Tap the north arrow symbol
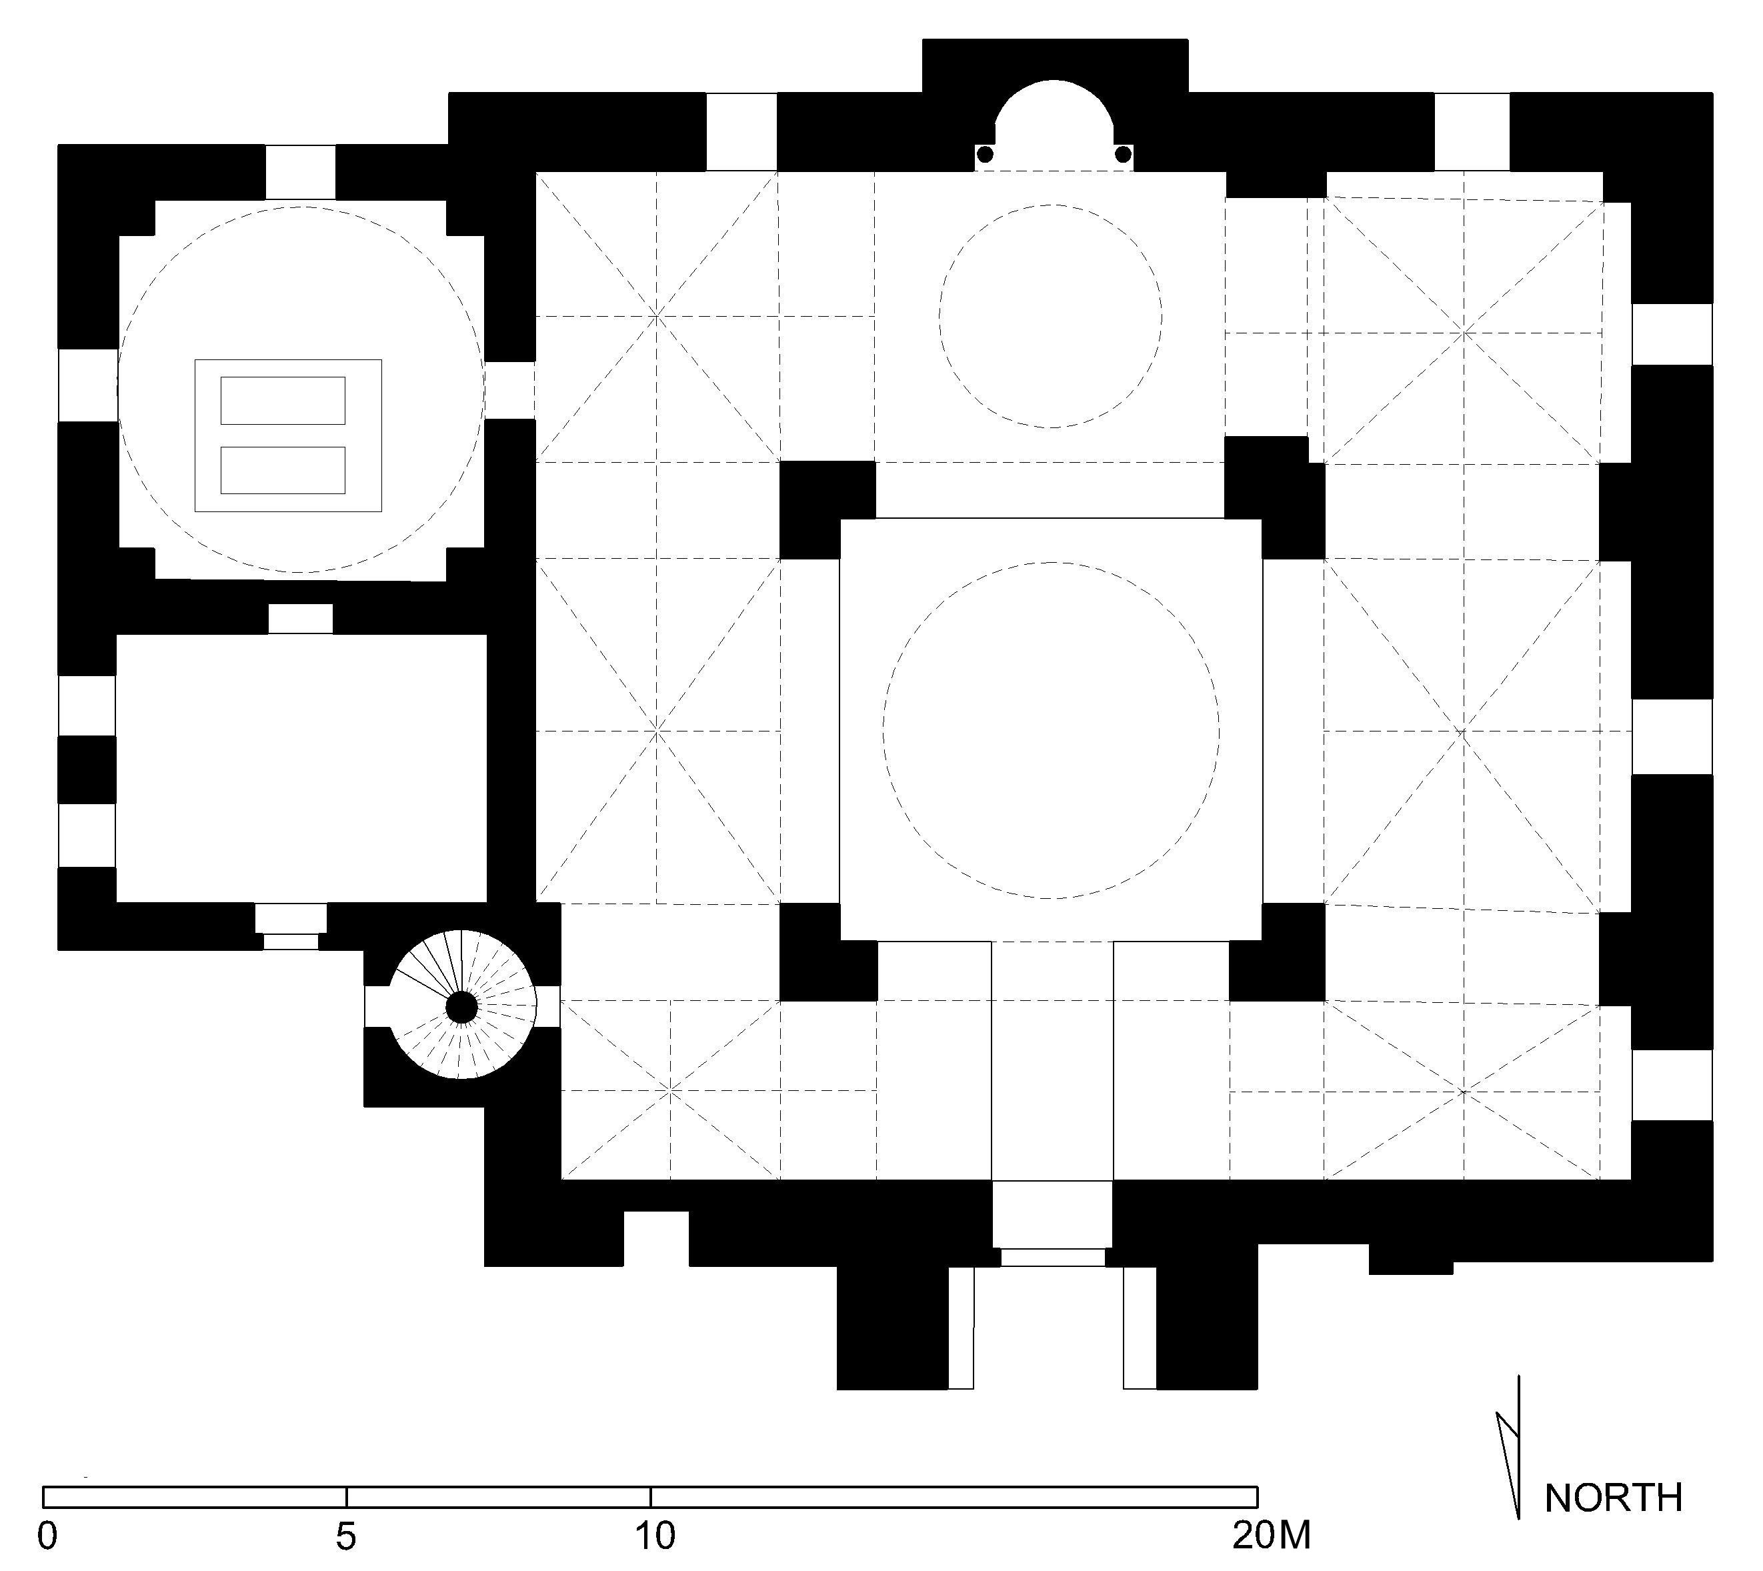click(x=1511, y=1459)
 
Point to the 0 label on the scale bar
click(x=48, y=1536)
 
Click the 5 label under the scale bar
click(x=345, y=1536)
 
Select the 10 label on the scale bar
click(x=654, y=1536)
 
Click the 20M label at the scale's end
click(x=1270, y=1536)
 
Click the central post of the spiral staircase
click(x=461, y=1006)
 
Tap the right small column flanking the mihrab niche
click(x=1123, y=155)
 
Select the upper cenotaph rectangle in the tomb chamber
click(x=283, y=401)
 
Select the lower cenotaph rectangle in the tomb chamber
click(x=283, y=471)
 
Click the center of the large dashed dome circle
click(x=1051, y=730)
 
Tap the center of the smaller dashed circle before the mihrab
click(x=1051, y=316)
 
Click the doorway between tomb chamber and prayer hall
click(x=510, y=390)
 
